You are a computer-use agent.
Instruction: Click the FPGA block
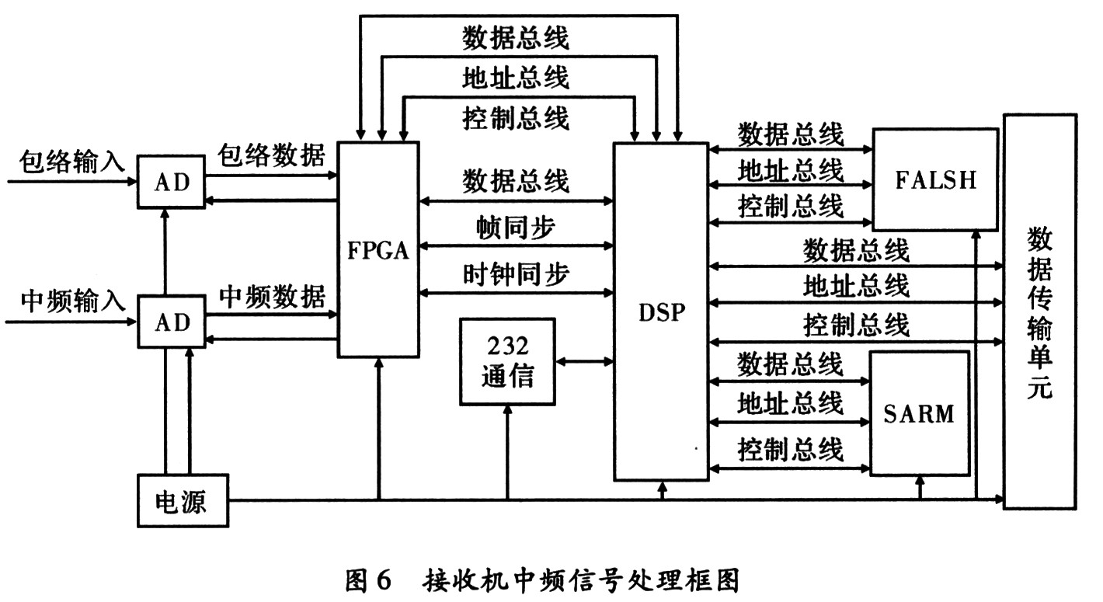(378, 249)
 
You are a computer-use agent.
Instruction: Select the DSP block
(661, 311)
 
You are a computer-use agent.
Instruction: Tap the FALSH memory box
(935, 179)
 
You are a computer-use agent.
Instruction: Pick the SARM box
(920, 413)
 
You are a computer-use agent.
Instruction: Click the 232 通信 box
(508, 362)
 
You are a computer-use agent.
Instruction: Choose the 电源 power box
(183, 500)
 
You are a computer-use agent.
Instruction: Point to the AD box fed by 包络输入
(171, 182)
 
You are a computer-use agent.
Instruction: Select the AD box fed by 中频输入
(172, 322)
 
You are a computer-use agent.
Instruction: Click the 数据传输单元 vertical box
(1040, 311)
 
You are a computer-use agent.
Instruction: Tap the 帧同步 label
(516, 228)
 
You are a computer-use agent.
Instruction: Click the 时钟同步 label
(516, 274)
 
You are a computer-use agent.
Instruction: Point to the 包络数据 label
(271, 155)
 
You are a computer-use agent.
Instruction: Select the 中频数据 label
(272, 296)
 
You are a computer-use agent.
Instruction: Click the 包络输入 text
(72, 162)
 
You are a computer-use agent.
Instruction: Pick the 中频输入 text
(72, 301)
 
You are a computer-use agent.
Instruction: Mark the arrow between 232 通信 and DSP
(584, 362)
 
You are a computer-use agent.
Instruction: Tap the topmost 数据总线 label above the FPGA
(516, 38)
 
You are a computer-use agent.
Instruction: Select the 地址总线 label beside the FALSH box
(790, 170)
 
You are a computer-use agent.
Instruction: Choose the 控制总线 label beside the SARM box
(790, 449)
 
